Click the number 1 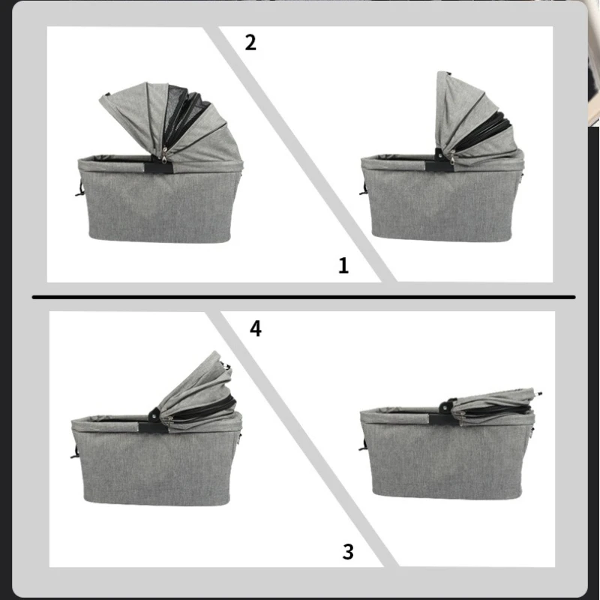pyautogui.click(x=343, y=265)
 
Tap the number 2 pyautogui.click(x=250, y=42)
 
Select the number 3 pyautogui.click(x=347, y=553)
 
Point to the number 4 pyautogui.click(x=256, y=328)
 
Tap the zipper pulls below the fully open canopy pyautogui.click(x=164, y=154)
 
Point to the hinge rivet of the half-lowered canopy pyautogui.click(x=153, y=412)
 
